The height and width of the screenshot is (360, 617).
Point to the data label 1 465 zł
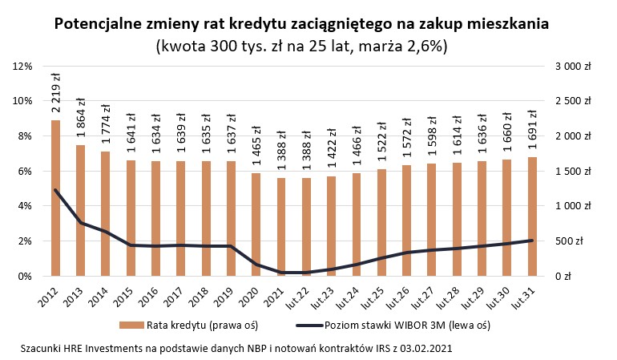(257, 146)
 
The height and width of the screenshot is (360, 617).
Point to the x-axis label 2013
(75, 294)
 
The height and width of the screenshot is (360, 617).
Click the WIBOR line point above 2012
(55, 190)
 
